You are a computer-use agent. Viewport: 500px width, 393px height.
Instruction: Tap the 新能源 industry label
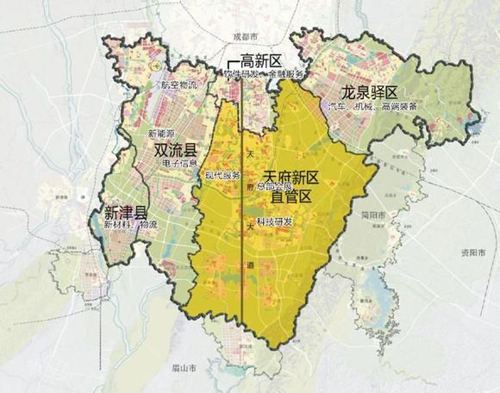tap(161, 134)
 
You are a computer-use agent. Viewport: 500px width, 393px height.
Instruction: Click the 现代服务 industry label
tap(222, 175)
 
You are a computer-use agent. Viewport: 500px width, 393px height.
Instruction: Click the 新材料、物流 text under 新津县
tap(131, 225)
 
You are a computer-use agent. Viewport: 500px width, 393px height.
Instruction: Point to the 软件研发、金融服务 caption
tap(264, 75)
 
